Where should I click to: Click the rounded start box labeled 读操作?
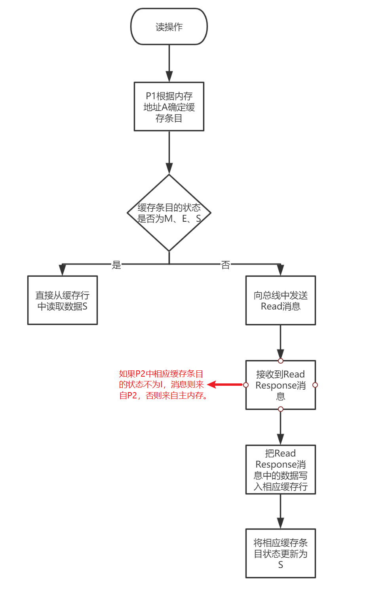click(x=169, y=26)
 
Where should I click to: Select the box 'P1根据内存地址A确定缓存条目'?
click(x=169, y=107)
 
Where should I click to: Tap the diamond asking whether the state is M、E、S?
click(x=169, y=213)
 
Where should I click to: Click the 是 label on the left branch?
click(x=116, y=265)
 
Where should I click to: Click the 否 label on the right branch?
click(x=225, y=265)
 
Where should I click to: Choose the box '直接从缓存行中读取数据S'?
click(x=63, y=300)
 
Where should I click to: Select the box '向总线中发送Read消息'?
click(x=281, y=300)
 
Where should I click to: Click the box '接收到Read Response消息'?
click(x=281, y=385)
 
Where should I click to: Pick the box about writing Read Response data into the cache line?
click(x=281, y=470)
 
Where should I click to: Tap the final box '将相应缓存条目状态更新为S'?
click(x=281, y=553)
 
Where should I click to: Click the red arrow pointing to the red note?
click(x=225, y=385)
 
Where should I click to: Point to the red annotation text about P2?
click(x=163, y=385)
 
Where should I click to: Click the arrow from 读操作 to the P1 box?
click(x=169, y=64)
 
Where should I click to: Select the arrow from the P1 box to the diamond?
click(x=169, y=153)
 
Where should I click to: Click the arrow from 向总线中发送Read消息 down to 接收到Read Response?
click(x=281, y=342)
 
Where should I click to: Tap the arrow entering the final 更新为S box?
click(x=281, y=511)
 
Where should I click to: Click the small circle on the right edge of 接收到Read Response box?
click(x=315, y=385)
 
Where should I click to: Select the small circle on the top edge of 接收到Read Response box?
click(x=281, y=361)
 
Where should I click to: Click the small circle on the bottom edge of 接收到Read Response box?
click(x=281, y=409)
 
